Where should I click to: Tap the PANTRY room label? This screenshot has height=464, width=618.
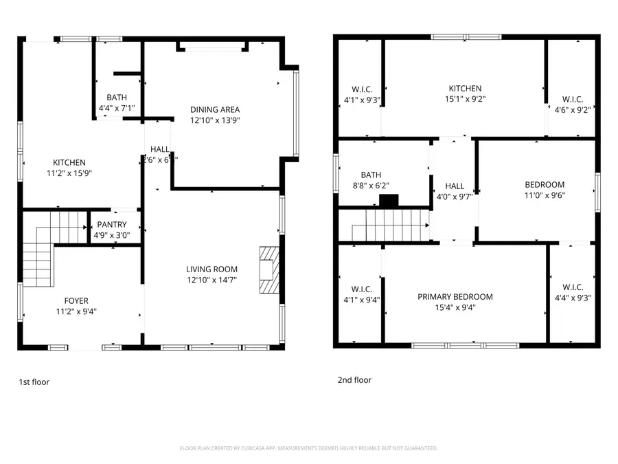tap(111, 224)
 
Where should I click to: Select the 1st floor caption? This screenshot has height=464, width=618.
tap(34, 382)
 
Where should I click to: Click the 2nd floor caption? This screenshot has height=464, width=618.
tap(354, 379)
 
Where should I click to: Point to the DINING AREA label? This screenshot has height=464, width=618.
tap(215, 109)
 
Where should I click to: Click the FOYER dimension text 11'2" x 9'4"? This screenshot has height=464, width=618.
tap(76, 311)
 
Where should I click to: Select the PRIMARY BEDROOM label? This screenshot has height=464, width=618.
tap(455, 297)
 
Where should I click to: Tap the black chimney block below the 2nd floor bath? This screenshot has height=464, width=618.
tap(389, 201)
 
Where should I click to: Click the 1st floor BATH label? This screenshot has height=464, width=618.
tap(116, 98)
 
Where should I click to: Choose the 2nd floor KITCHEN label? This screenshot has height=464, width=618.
tap(465, 88)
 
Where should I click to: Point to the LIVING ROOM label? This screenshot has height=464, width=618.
tap(211, 269)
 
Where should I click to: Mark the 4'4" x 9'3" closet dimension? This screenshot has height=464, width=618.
tap(572, 298)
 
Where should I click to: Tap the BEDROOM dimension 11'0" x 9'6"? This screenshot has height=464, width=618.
tap(545, 195)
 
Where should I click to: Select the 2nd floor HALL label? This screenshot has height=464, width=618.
tap(455, 186)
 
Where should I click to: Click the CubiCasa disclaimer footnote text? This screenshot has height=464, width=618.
tap(308, 448)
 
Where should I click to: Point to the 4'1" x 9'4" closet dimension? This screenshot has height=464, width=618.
tap(362, 299)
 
